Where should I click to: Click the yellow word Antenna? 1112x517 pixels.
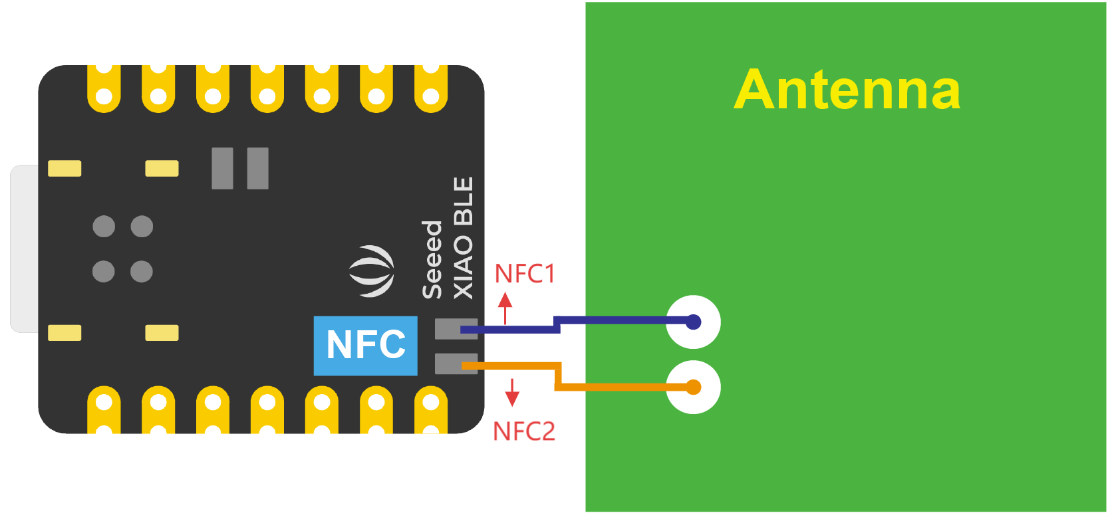click(x=847, y=90)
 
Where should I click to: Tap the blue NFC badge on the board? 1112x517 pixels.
click(x=365, y=346)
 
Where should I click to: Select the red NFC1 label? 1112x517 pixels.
click(x=525, y=274)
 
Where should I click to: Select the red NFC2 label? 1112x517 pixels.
click(x=523, y=431)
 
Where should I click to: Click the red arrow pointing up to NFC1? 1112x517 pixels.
click(x=505, y=307)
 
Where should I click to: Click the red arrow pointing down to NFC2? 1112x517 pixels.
click(x=512, y=393)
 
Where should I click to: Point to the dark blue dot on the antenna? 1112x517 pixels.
click(x=693, y=322)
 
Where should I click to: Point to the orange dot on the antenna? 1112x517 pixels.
click(x=693, y=387)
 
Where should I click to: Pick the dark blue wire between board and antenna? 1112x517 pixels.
click(x=619, y=321)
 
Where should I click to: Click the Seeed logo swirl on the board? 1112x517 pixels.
click(x=372, y=271)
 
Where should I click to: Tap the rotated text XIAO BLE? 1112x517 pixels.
click(x=464, y=238)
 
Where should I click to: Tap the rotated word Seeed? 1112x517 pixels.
click(x=432, y=260)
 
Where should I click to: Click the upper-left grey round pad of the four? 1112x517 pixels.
click(x=104, y=227)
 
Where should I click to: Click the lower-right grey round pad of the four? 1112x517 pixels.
click(x=142, y=271)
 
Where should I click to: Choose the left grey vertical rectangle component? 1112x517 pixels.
click(x=222, y=168)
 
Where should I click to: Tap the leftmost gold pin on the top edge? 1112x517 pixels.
click(x=104, y=89)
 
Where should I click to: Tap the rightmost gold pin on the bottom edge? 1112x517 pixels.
click(x=431, y=409)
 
